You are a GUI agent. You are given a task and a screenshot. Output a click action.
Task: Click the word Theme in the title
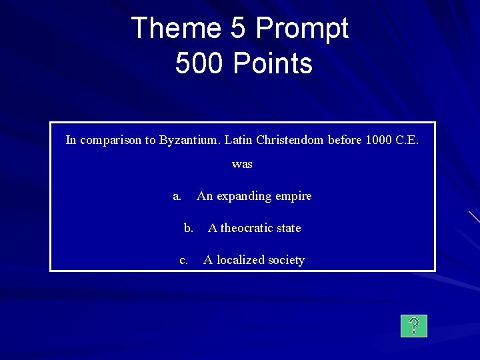pyautogui.click(x=175, y=28)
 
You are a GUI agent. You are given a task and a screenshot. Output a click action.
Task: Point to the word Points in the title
pyautogui.click(x=273, y=63)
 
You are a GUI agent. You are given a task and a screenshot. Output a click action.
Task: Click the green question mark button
pyautogui.click(x=414, y=325)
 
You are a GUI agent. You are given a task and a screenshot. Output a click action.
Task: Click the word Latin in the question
pyautogui.click(x=239, y=140)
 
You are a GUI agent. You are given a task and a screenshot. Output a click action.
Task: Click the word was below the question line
pyautogui.click(x=242, y=164)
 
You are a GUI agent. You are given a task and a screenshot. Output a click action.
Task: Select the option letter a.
pyautogui.click(x=177, y=196)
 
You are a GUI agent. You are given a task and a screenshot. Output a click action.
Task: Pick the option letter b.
pyautogui.click(x=189, y=228)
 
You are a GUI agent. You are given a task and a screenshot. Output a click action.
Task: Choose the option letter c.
pyautogui.click(x=183, y=260)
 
